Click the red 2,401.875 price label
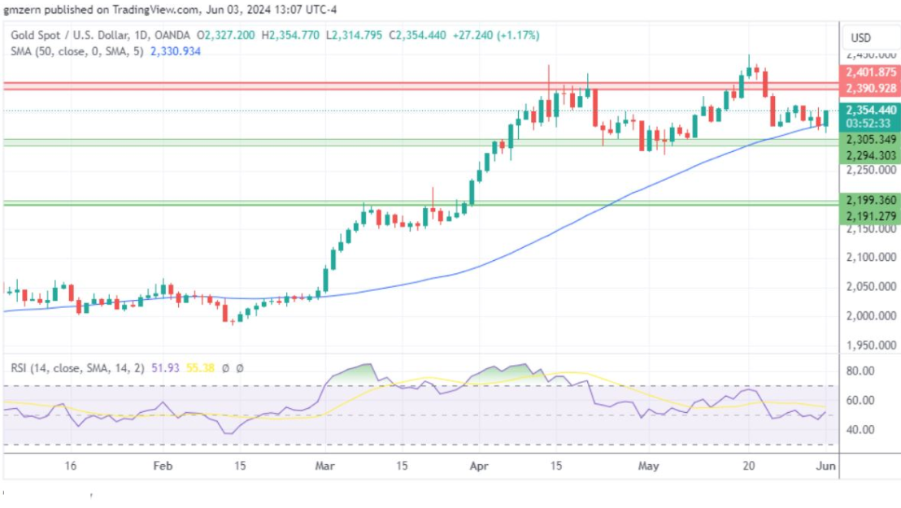click(868, 72)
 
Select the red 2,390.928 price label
click(868, 88)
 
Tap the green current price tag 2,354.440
click(868, 110)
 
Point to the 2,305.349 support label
click(868, 139)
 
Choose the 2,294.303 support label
click(868, 155)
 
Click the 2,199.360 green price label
click(868, 200)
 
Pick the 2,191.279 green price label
click(868, 215)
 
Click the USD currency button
click(861, 38)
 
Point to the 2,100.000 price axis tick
click(869, 258)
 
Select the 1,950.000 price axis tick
click(869, 345)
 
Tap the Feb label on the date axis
click(163, 467)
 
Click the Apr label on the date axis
click(481, 467)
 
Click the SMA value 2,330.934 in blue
click(175, 51)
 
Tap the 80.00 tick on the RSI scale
click(861, 371)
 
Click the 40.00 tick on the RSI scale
click(861, 429)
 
